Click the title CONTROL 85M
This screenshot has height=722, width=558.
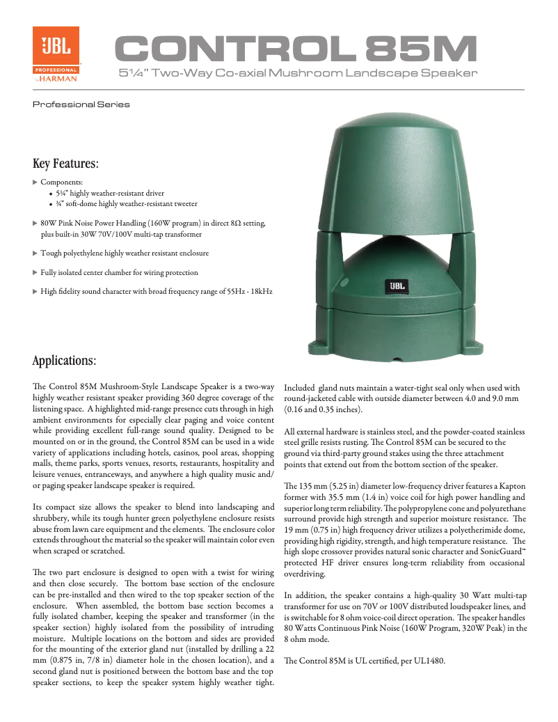pos(296,49)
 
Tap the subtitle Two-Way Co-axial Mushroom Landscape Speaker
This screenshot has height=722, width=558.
pos(298,73)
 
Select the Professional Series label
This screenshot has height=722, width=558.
pos(81,104)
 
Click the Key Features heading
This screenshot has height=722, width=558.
pos(65,164)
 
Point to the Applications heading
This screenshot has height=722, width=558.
pos(64,361)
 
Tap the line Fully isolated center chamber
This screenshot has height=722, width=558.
pos(119,273)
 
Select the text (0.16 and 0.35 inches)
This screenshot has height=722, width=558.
pos(323,410)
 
